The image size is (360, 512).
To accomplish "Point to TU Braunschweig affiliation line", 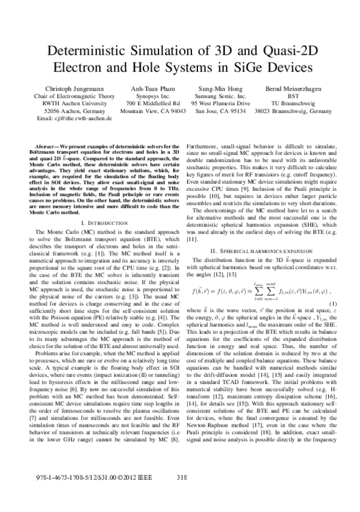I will [292, 103].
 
